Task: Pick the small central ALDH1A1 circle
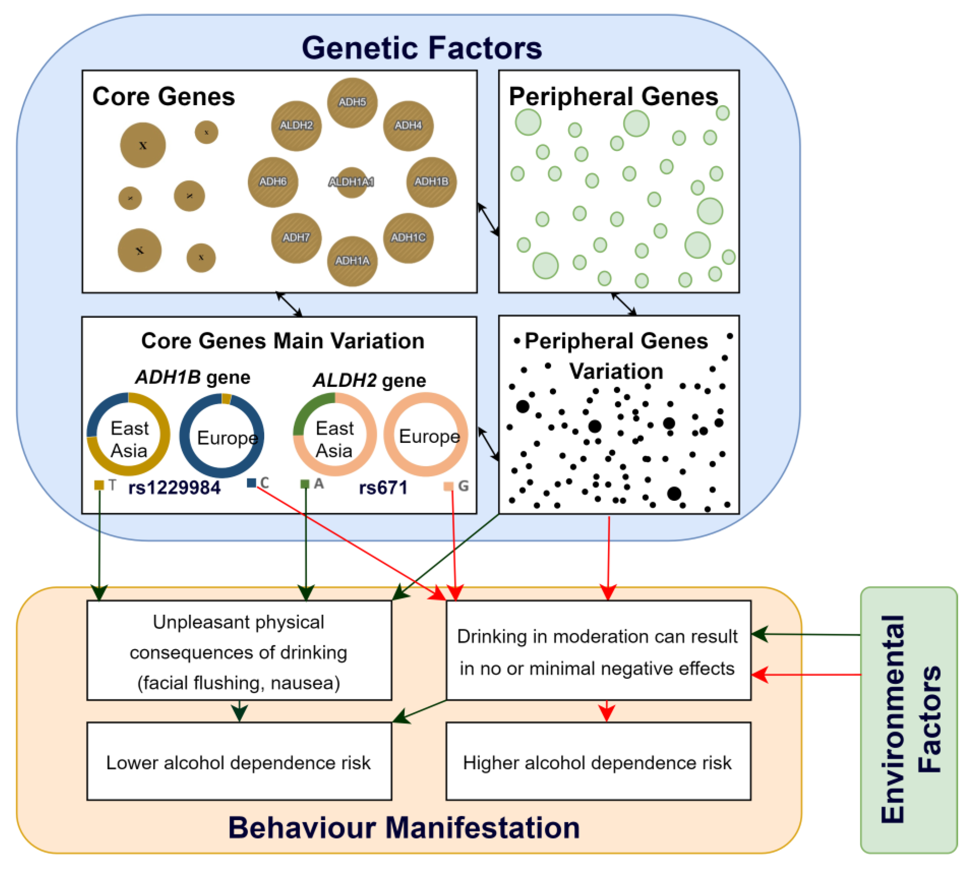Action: point(352,182)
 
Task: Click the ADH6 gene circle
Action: point(273,182)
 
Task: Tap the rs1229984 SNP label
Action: point(174,487)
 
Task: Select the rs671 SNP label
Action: point(383,487)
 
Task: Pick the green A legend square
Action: point(305,484)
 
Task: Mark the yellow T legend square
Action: point(99,485)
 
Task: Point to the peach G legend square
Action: point(448,486)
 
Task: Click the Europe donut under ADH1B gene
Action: point(222,435)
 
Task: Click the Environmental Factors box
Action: point(908,719)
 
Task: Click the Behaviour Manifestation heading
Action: point(404,828)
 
